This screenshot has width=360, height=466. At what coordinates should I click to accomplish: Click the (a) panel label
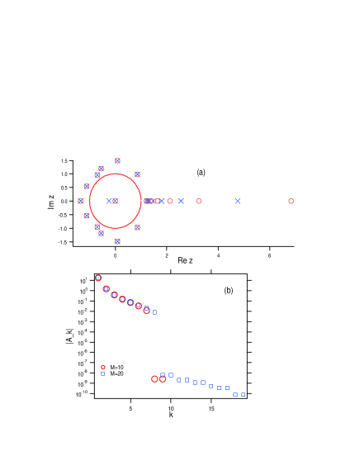point(201,172)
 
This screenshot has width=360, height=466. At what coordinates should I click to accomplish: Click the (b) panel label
point(229,290)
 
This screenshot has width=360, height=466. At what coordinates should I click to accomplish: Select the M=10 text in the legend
point(116,368)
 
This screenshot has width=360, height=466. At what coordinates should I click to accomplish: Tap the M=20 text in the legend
point(116,373)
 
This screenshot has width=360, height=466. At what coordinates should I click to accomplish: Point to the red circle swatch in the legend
point(102,368)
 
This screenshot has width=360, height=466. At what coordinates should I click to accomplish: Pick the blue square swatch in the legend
point(102,373)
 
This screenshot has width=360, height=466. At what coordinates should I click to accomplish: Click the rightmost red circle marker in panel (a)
point(291,201)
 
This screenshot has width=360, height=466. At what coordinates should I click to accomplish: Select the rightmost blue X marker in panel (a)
point(238,201)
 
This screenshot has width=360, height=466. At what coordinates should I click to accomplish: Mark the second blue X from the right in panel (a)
point(181,201)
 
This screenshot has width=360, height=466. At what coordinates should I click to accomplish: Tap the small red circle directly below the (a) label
point(198,201)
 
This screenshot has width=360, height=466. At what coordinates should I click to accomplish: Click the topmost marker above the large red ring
point(117,160)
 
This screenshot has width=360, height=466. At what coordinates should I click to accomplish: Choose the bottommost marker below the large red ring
point(117,241)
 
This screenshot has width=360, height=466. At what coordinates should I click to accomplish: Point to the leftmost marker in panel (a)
point(81,201)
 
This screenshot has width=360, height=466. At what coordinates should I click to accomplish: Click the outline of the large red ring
point(141,201)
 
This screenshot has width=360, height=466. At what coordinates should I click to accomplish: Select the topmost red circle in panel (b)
point(98,278)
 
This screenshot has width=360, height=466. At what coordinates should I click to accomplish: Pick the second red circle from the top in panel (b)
point(106,288)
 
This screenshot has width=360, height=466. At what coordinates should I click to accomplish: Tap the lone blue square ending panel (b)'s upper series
point(154,312)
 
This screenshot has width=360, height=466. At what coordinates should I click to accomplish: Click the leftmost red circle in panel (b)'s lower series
point(154,379)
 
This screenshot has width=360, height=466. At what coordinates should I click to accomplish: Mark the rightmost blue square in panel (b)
point(243,394)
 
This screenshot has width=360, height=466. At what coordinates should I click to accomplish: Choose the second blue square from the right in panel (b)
point(234,394)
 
